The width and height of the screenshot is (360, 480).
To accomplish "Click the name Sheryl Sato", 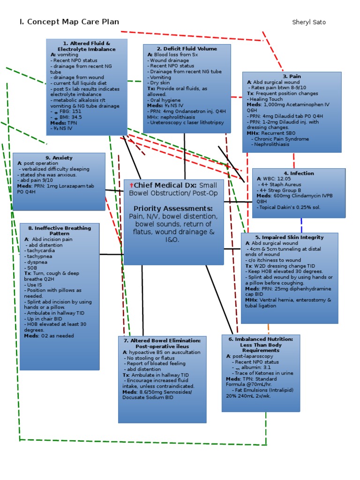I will pos(309,22).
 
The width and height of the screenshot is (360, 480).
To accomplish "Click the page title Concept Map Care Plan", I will pos(69,22).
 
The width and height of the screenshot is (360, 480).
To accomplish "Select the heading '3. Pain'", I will pos(292,76).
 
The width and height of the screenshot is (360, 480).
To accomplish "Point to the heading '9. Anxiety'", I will pos(59,158).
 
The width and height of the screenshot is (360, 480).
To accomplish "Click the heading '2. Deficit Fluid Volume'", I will pos(187,49).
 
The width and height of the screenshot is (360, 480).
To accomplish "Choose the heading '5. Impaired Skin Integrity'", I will pos(289,238).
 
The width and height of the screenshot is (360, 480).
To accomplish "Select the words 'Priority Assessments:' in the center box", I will pos(173,208).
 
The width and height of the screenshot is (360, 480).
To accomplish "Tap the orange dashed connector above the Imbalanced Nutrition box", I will pos(269,329).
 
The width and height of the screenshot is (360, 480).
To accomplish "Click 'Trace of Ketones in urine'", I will pos(264,373).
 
